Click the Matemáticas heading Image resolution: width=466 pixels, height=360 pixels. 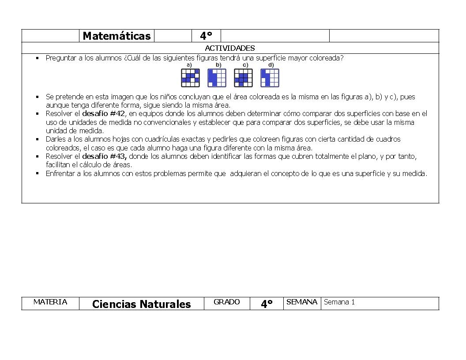[116, 36]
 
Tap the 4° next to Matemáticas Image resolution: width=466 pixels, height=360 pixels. [206, 36]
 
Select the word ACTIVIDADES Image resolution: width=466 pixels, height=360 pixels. [230, 48]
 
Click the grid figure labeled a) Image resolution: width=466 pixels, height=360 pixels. [190, 78]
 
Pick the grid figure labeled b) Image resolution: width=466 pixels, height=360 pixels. [217, 78]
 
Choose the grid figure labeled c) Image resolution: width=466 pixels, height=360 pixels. [243, 78]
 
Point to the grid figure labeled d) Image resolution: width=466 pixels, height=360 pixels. [270, 78]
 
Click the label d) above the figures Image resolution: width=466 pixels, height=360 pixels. [271, 65]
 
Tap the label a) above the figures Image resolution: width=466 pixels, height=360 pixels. [189, 65]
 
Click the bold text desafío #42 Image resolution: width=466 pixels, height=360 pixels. [104, 113]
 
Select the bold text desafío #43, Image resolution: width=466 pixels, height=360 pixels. [105, 156]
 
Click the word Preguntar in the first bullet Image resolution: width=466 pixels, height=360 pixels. [60, 58]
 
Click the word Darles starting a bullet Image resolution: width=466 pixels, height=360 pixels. [55, 139]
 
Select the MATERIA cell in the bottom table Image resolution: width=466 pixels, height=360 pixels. [50, 302]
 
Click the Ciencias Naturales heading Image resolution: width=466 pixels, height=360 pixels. [141, 304]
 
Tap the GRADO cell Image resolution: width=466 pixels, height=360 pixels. [226, 302]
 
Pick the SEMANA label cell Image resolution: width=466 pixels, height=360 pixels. [302, 302]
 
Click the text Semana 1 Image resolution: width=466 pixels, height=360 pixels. [339, 302]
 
